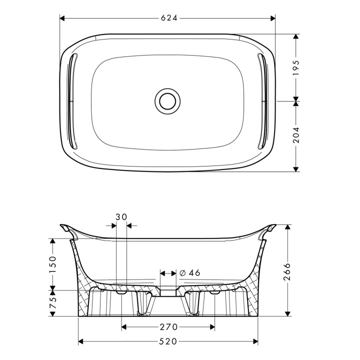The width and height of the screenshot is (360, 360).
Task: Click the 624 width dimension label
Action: pyautogui.click(x=169, y=18)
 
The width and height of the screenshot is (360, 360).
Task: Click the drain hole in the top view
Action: pyautogui.click(x=166, y=100)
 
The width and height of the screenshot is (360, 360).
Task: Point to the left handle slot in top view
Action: pyautogui.click(x=72, y=101)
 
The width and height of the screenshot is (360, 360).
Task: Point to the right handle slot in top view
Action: pyautogui.click(x=262, y=101)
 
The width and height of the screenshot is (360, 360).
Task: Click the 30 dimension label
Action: pyautogui.click(x=121, y=217)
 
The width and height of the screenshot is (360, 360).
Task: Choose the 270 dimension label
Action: pyautogui.click(x=168, y=327)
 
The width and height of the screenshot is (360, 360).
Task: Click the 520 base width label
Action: pyautogui.click(x=168, y=342)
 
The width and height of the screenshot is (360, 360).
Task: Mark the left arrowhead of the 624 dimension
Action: pyautogui.click(x=63, y=18)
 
